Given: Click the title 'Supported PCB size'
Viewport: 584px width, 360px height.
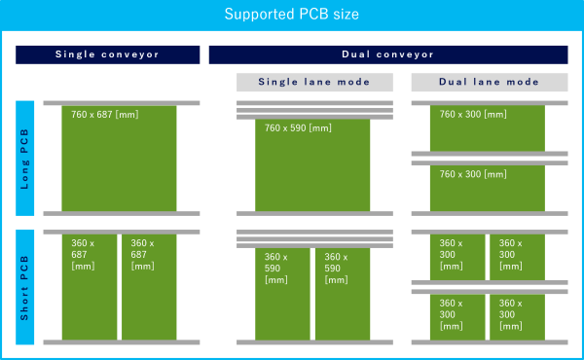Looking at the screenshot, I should tap(292, 15).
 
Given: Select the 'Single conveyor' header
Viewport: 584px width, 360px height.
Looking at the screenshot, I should tap(107, 54).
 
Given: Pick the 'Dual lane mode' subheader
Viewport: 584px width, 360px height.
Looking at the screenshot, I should tap(490, 83).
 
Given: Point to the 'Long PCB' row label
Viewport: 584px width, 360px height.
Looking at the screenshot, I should tap(25, 158).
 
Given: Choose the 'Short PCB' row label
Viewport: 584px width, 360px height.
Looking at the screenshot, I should tap(25, 286).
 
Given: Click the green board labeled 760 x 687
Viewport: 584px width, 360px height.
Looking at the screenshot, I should tap(119, 158).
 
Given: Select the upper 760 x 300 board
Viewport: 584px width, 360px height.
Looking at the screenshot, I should tap(488, 127).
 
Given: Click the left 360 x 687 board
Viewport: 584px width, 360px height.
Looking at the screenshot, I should tap(90, 287).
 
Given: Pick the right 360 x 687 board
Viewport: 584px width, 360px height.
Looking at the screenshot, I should tap(149, 287).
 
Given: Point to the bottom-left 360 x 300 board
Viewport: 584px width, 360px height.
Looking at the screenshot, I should tap(458, 316).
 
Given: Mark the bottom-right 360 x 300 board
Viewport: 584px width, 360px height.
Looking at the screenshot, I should tap(517, 316).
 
